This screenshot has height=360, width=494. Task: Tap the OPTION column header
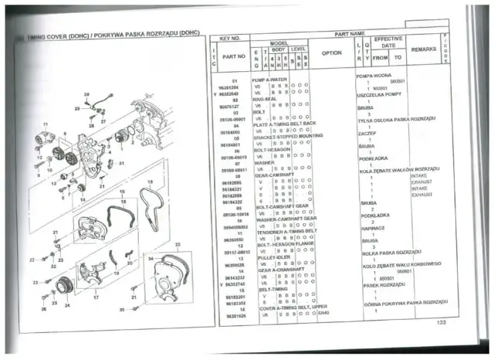click(331, 53)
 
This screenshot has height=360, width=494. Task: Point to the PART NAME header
click(350, 34)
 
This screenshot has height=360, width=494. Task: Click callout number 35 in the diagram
click(122, 309)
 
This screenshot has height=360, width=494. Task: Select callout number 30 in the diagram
click(86, 94)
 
